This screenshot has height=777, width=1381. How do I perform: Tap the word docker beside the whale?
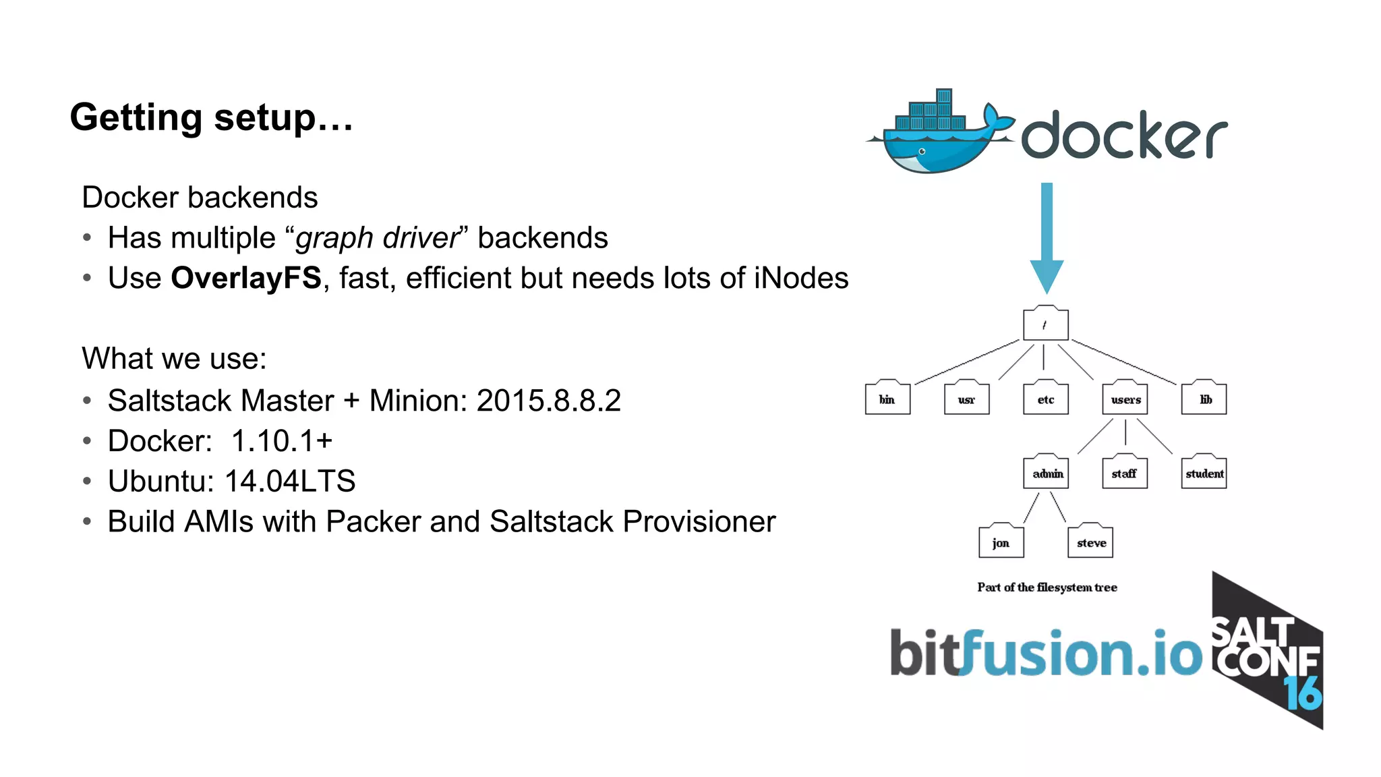(1123, 136)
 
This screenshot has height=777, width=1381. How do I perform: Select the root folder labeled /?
(1045, 324)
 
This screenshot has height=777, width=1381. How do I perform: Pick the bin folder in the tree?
(887, 399)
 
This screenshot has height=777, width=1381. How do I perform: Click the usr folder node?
(966, 399)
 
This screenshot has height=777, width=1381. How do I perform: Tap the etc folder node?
(1045, 399)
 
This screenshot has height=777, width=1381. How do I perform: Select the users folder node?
(1125, 399)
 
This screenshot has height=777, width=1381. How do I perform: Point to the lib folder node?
(1204, 399)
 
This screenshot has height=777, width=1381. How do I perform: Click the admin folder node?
(1046, 473)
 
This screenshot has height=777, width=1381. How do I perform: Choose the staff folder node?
(1124, 473)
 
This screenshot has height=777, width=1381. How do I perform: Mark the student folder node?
(1204, 473)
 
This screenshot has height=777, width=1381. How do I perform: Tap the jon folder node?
(1001, 542)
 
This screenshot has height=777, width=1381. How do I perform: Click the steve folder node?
(1090, 542)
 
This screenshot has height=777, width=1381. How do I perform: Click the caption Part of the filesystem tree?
(1047, 587)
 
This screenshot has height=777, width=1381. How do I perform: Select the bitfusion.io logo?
(1045, 653)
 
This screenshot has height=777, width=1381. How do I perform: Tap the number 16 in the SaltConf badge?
(1303, 693)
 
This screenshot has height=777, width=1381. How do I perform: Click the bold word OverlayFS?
(246, 278)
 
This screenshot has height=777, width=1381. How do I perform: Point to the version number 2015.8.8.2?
(548, 401)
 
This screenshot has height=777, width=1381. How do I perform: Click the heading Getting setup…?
(211, 117)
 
